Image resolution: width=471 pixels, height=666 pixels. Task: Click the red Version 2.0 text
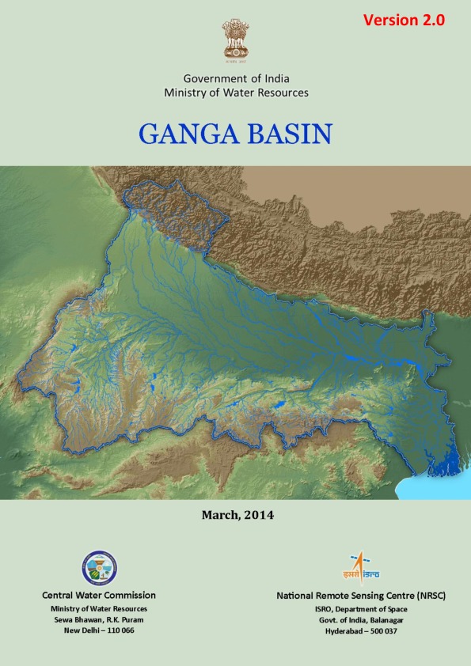click(404, 21)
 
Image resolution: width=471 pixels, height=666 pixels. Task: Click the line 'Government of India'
click(236, 78)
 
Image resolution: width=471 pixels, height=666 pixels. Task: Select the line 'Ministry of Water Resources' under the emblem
click(236, 93)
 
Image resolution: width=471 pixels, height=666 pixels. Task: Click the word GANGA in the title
click(188, 133)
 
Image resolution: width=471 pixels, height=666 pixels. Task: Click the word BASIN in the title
click(288, 133)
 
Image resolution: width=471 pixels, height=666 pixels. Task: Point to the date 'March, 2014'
click(237, 515)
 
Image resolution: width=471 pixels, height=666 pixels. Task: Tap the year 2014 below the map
click(259, 515)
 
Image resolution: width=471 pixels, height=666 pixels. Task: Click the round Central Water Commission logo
click(99, 567)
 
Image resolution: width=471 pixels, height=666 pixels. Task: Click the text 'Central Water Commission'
click(99, 595)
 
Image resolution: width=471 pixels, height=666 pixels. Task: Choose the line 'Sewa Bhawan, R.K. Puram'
click(99, 619)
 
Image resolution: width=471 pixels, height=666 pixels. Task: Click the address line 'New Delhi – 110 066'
click(99, 630)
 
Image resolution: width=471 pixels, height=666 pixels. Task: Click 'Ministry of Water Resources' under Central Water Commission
click(99, 608)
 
